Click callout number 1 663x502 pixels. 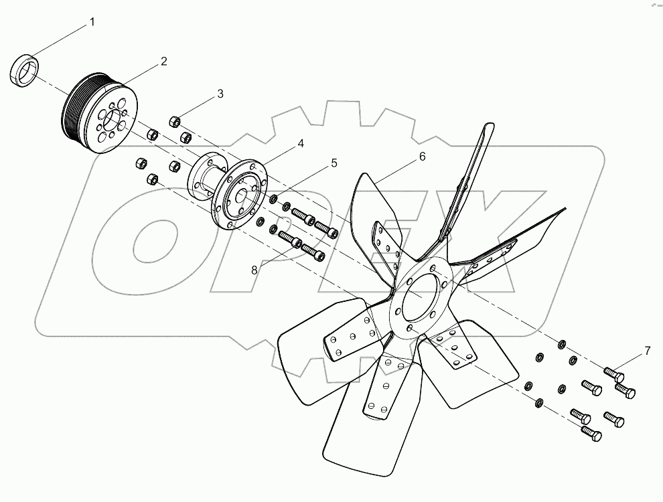pyautogui.click(x=92, y=23)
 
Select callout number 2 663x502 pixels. pyautogui.click(x=163, y=62)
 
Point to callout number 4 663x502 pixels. pyautogui.click(x=301, y=143)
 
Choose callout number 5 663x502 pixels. pyautogui.click(x=333, y=163)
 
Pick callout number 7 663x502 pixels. pyautogui.click(x=648, y=350)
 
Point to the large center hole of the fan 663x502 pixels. pyautogui.click(x=423, y=293)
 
